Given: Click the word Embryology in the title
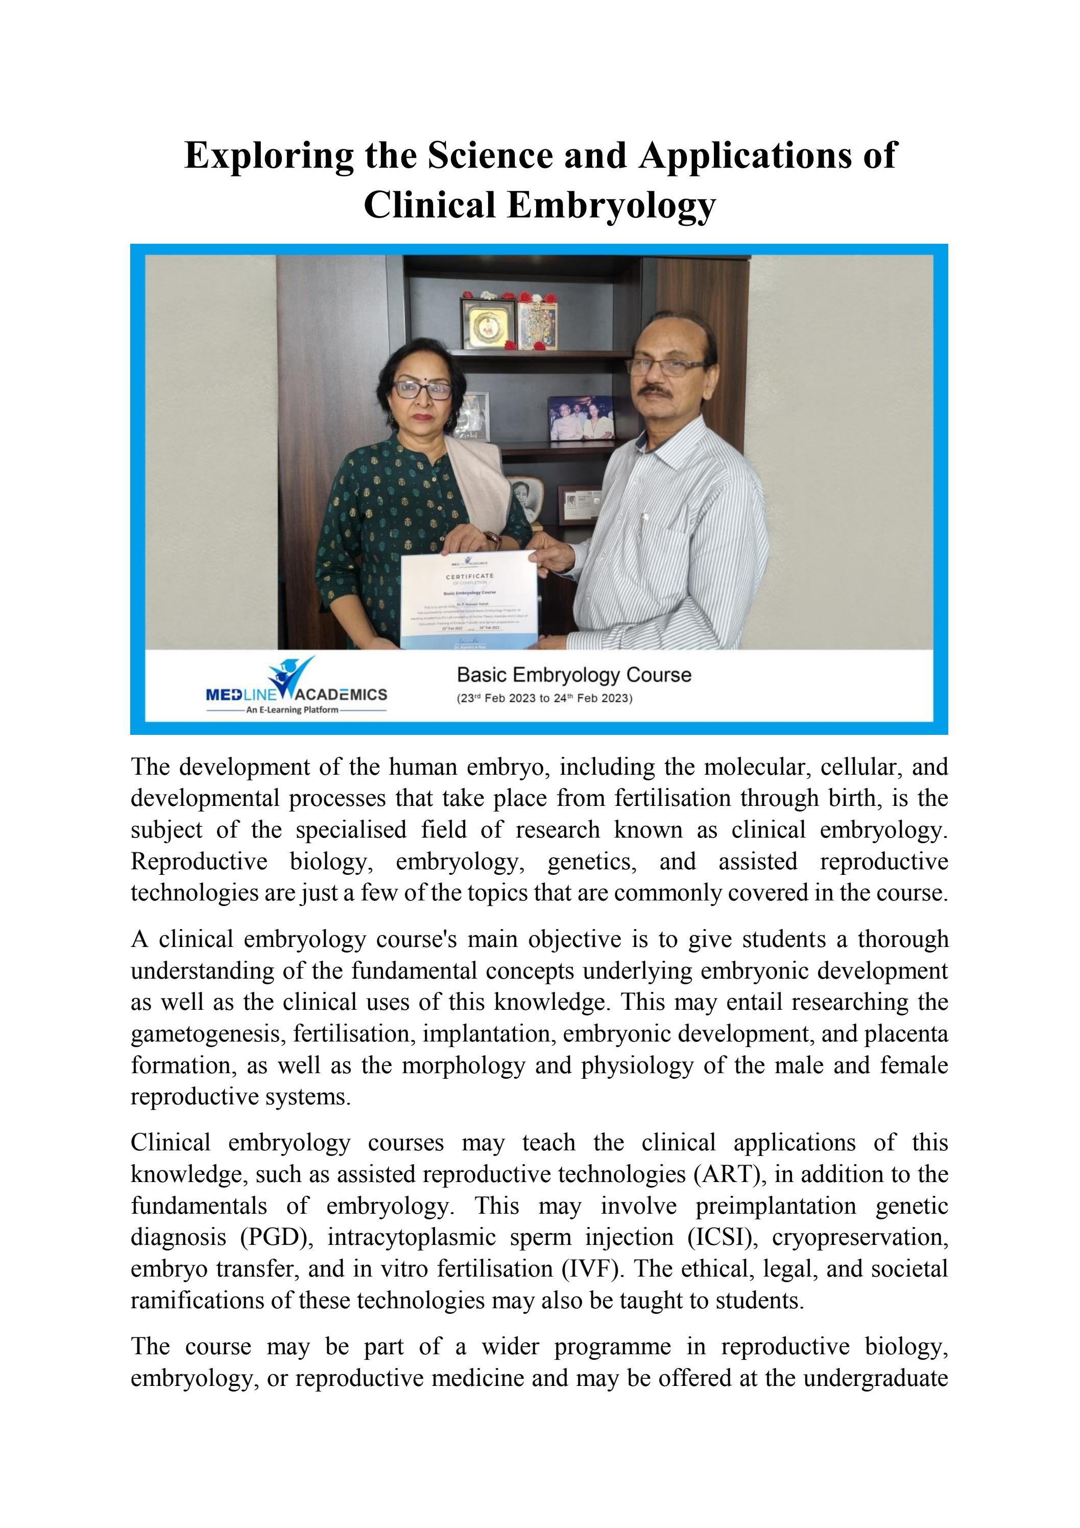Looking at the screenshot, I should [611, 205].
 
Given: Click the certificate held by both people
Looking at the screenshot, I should [469, 599].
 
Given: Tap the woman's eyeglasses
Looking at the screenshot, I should [422, 389].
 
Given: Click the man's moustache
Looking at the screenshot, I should [658, 390].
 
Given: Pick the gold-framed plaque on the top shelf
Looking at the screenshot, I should [489, 325].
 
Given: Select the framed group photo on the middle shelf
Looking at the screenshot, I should [581, 418].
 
